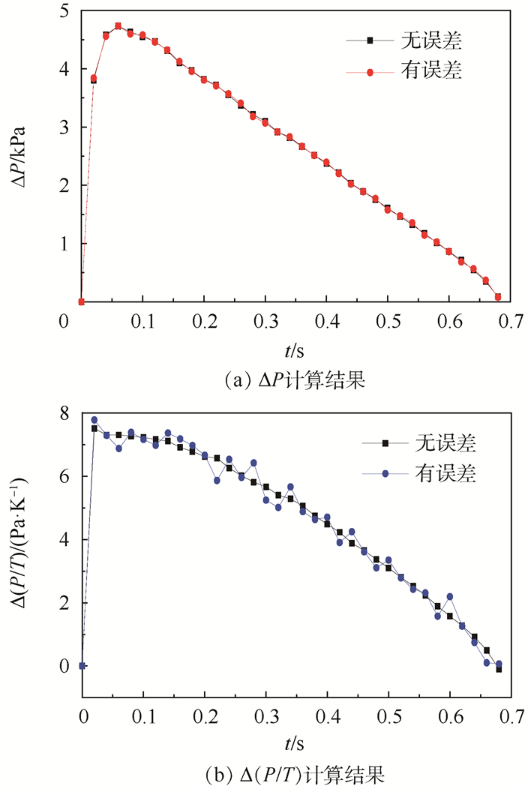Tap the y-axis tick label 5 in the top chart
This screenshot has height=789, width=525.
[64, 11]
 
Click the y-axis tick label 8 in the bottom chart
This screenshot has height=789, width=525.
[64, 413]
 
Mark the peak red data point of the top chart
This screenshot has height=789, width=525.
[118, 26]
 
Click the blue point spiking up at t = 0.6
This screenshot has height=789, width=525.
[450, 597]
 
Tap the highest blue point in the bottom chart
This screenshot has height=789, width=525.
[94, 420]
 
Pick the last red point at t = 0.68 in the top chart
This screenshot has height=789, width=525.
[498, 297]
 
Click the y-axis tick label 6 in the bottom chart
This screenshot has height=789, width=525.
[64, 476]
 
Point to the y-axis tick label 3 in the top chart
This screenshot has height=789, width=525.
[64, 127]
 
